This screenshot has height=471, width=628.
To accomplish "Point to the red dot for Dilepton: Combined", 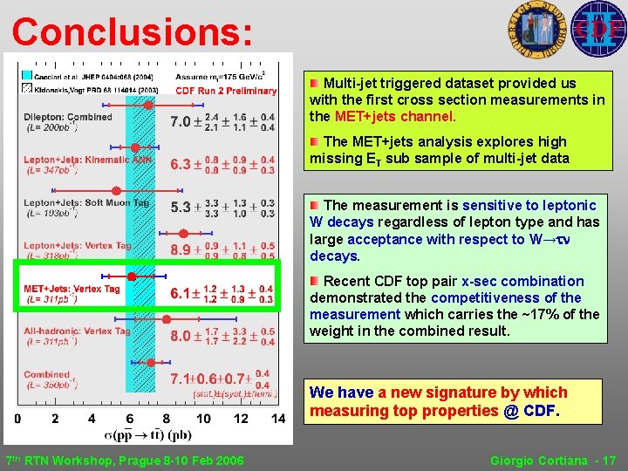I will coord(148,105).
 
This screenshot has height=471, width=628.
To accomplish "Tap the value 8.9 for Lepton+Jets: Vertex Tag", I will coord(181,249).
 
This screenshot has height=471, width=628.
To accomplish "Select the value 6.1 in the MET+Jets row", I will coord(181,294).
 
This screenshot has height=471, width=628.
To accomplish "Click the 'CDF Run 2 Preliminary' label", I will coord(226,90).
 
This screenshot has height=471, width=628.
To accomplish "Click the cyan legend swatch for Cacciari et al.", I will coord(27,76).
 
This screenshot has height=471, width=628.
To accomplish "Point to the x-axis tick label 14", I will coord(277,419).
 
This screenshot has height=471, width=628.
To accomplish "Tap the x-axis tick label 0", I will coord(18,419).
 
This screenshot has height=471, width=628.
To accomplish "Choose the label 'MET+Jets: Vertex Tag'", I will coord(72,289).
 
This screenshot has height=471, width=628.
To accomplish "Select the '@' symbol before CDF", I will coord(510,410).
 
